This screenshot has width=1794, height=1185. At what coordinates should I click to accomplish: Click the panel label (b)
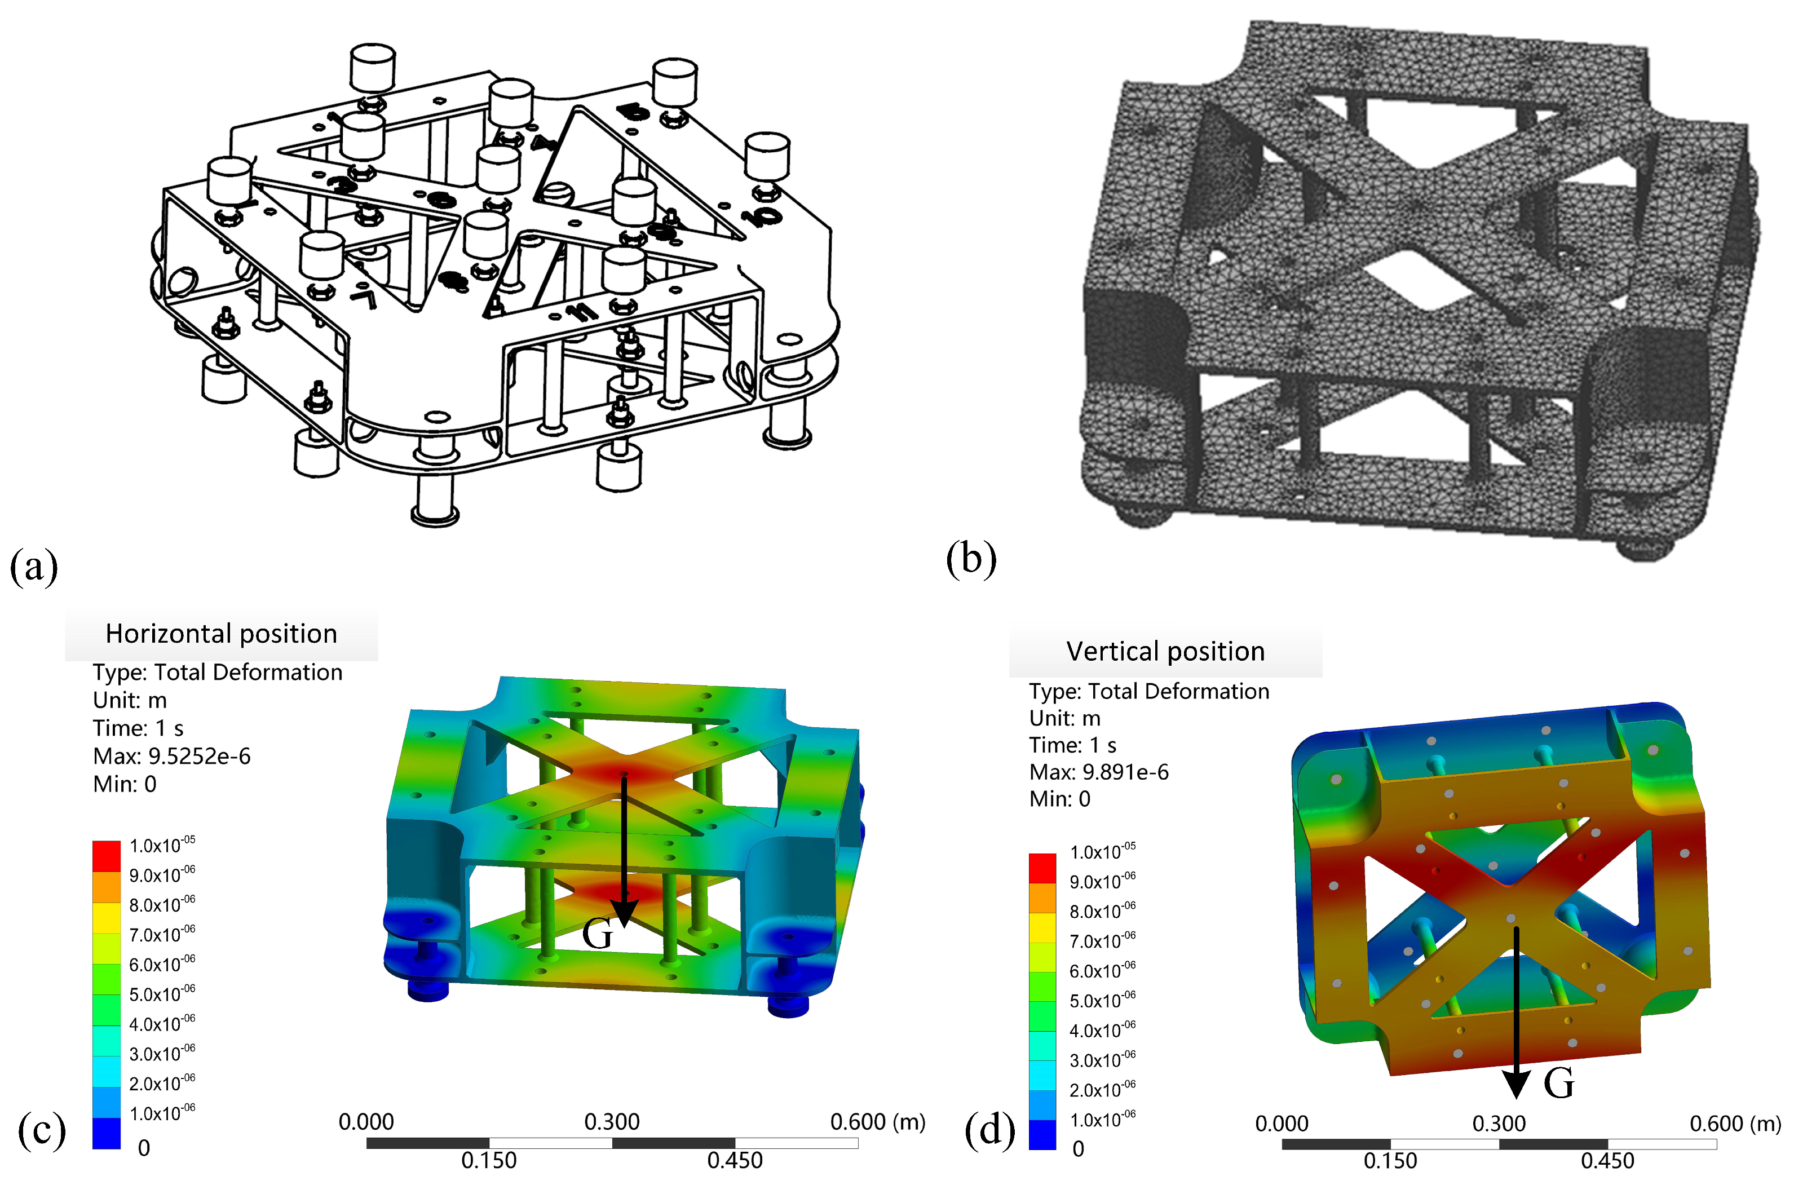point(971,559)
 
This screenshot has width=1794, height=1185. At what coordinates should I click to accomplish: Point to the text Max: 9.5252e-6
point(171,757)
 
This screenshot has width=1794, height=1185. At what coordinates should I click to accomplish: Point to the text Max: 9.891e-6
point(1098,772)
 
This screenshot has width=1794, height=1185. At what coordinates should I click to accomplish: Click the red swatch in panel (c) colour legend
point(107,856)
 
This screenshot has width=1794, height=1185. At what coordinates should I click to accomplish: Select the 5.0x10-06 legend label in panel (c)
point(162,994)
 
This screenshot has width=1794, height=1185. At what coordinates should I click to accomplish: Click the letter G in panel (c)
point(598,935)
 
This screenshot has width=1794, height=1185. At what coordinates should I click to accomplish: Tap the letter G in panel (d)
point(1558,1084)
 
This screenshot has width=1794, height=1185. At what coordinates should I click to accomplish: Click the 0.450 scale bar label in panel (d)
point(1607,1161)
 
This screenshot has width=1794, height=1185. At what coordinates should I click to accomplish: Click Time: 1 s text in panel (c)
point(138,728)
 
